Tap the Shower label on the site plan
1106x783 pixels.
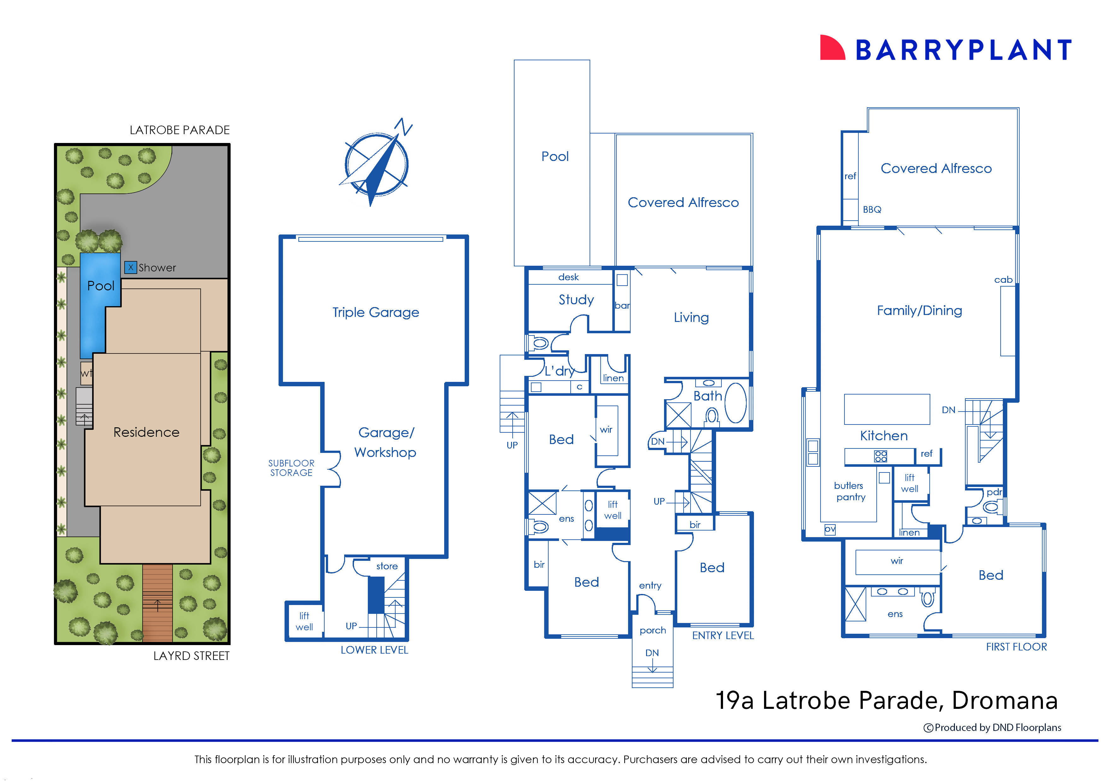pos(157,268)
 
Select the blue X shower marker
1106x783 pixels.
pos(130,267)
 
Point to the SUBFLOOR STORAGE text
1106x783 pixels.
pos(291,468)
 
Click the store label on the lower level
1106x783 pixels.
pos(387,566)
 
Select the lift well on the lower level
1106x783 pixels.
pos(304,621)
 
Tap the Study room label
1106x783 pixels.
pos(576,300)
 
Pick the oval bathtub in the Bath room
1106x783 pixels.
pos(735,403)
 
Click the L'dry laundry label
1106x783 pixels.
pos(560,371)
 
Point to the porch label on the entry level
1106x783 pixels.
pos(652,630)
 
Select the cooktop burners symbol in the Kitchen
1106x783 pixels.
pos(880,456)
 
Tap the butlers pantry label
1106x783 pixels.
pos(850,491)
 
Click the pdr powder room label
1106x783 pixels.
pos(994,492)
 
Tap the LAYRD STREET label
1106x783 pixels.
pos(191,656)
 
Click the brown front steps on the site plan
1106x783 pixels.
pos(157,603)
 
